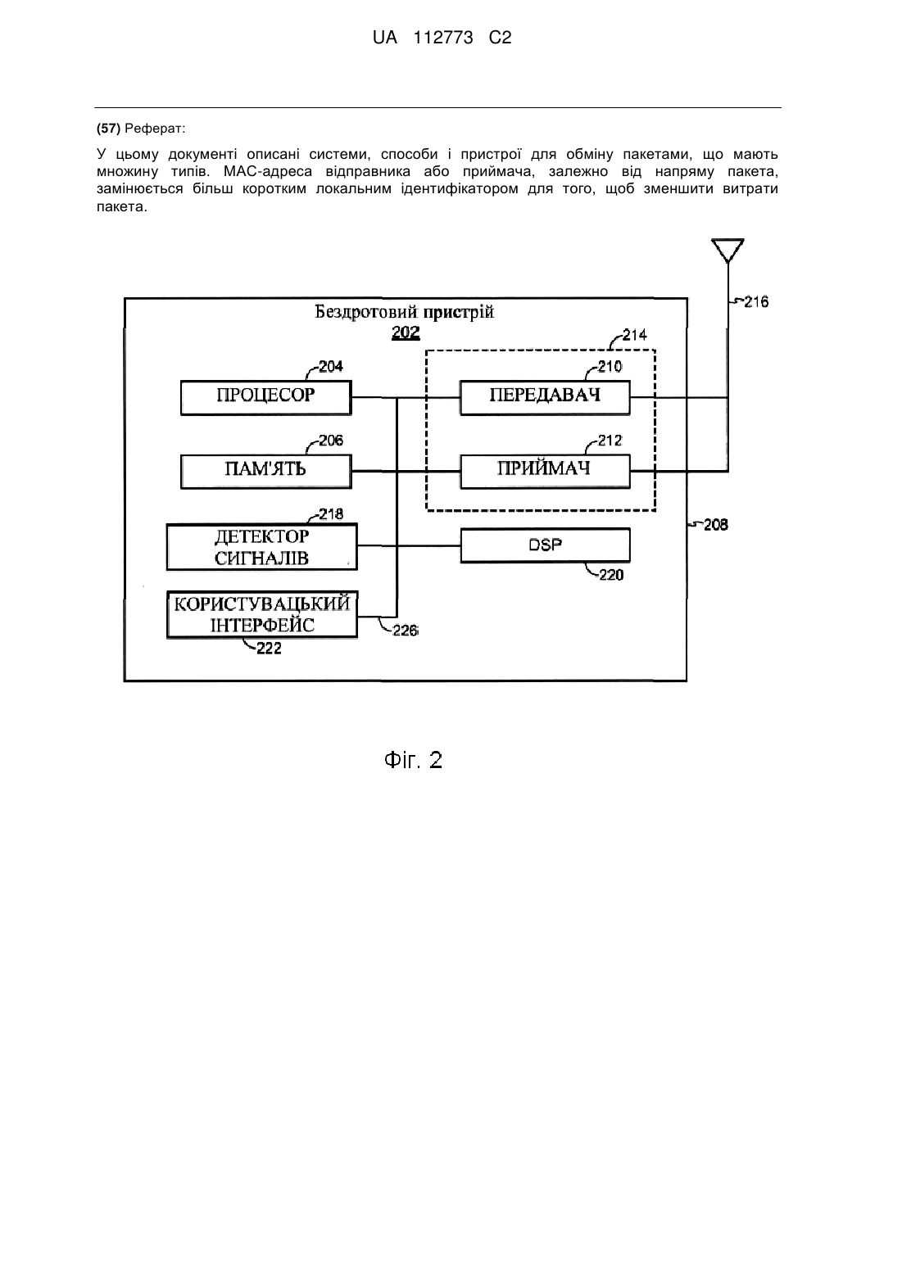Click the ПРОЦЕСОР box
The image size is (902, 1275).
266,397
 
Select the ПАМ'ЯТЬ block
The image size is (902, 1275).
266,472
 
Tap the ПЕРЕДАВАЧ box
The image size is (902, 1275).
545,397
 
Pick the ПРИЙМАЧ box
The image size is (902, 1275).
545,472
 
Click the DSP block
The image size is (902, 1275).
545,545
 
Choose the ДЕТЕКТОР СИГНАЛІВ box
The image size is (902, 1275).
262,546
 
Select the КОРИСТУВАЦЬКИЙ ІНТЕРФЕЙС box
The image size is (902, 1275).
262,615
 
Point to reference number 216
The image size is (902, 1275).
756,301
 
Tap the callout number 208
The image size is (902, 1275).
716,525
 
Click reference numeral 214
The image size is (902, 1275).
634,335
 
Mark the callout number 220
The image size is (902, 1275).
611,576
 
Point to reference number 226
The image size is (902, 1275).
405,631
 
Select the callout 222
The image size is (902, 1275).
269,649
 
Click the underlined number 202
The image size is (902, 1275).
406,332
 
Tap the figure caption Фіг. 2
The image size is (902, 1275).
413,760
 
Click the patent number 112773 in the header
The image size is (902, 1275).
443,38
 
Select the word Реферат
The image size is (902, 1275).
155,129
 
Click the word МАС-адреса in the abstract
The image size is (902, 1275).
268,171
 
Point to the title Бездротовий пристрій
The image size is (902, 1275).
405,312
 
